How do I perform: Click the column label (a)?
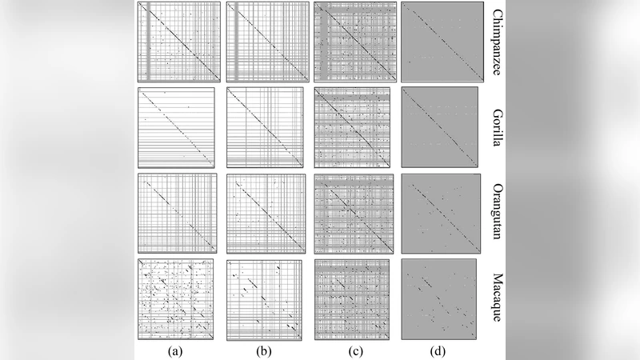(176, 349)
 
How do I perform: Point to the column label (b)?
(264, 349)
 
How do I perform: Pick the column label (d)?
(440, 349)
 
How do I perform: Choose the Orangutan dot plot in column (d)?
(441, 212)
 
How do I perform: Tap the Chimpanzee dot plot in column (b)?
(265, 41)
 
